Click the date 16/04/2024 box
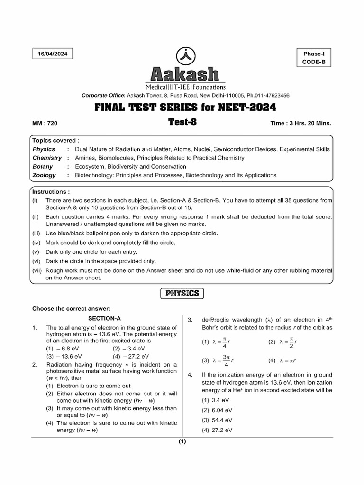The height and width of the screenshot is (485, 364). click(53, 54)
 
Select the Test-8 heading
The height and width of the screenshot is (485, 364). click(182, 122)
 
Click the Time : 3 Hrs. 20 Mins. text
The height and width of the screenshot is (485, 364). click(300, 123)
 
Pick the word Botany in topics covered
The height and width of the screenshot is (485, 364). click(43, 167)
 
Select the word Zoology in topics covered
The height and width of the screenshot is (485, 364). click(44, 175)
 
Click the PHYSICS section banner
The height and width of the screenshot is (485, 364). click(182, 294)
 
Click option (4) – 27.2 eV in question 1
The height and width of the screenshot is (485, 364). click(131, 356)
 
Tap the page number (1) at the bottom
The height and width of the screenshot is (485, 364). click(182, 442)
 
